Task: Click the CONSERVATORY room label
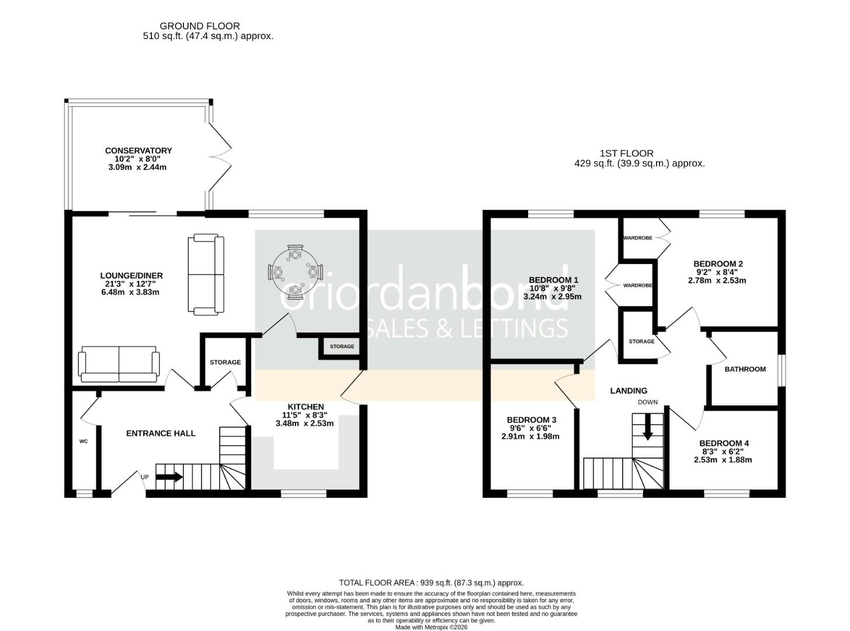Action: [138, 151]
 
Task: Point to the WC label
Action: [84, 441]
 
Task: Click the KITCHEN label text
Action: [305, 407]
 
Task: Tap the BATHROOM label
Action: [745, 369]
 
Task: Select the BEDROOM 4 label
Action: [724, 443]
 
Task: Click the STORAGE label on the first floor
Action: [641, 341]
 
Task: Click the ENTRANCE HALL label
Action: [161, 434]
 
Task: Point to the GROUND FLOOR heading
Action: [199, 26]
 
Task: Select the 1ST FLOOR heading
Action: [626, 154]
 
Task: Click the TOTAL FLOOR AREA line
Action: [431, 583]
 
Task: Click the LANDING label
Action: [629, 391]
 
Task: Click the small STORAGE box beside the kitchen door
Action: [342, 346]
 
